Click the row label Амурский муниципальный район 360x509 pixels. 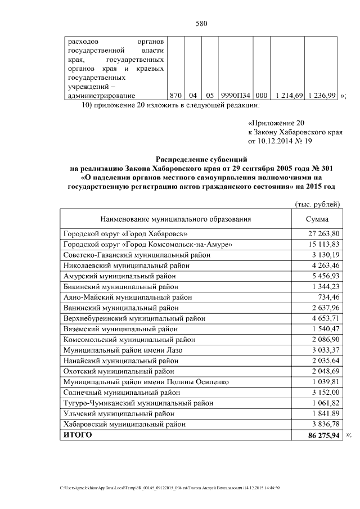pyautogui.click(x=121, y=276)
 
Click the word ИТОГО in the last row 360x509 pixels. pyautogui.click(x=78, y=436)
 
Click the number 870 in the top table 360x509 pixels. pyautogui.click(x=176, y=96)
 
